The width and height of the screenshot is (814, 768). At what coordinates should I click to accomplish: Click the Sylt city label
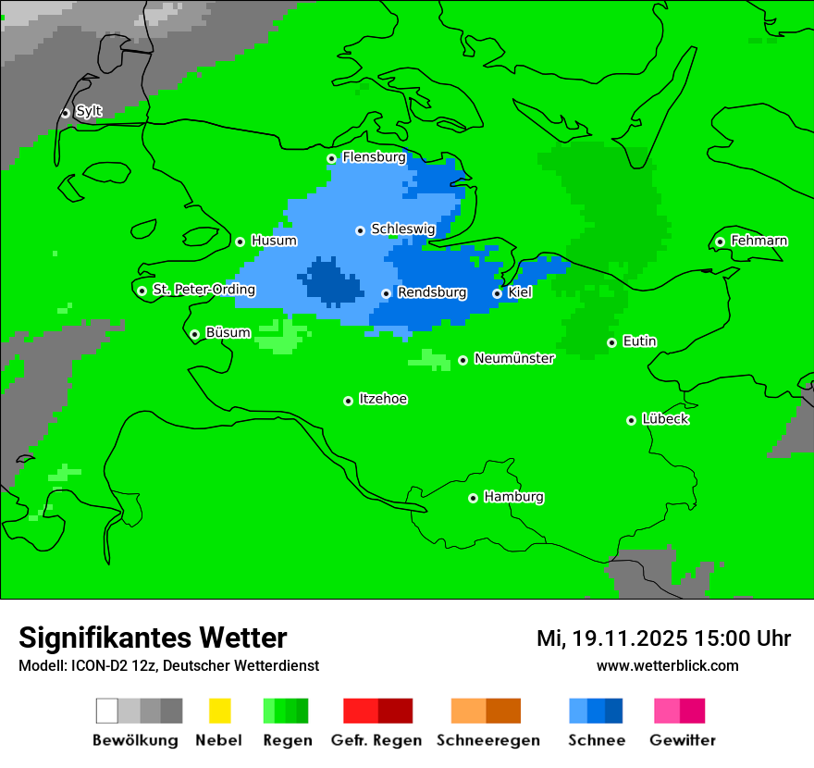pos(89,111)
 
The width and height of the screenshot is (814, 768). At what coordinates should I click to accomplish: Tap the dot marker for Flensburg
pos(331,158)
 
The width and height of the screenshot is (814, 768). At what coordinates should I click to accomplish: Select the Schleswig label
pos(402,229)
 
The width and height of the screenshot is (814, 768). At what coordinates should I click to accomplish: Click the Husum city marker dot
pos(240,242)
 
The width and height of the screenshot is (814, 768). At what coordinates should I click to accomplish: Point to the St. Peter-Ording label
pos(203,290)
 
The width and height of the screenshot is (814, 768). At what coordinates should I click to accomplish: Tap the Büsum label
pos(228,332)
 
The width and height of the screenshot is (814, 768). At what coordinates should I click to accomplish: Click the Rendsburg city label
pos(431,292)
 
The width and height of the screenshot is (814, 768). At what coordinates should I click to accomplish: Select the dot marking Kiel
pos(497,293)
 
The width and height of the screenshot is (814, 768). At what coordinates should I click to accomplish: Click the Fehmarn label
pos(758,241)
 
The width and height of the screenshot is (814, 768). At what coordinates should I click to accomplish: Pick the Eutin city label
pos(639,341)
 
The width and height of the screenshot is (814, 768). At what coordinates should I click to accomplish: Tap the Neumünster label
pos(514,358)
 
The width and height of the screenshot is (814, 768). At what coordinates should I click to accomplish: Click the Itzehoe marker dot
pos(348,401)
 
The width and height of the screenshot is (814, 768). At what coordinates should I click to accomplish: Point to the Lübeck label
pos(665,419)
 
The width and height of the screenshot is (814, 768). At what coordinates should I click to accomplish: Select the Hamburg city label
pos(513,497)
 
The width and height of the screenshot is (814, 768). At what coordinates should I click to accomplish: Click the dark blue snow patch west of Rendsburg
pos(329,283)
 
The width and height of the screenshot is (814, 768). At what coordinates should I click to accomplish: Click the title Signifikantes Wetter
pos(153,638)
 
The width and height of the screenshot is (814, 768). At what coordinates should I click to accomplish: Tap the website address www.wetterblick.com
pos(667,665)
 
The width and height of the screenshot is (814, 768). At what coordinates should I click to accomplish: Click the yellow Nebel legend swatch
pos(219,711)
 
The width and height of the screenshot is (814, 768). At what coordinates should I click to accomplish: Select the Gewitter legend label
pos(682,740)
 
